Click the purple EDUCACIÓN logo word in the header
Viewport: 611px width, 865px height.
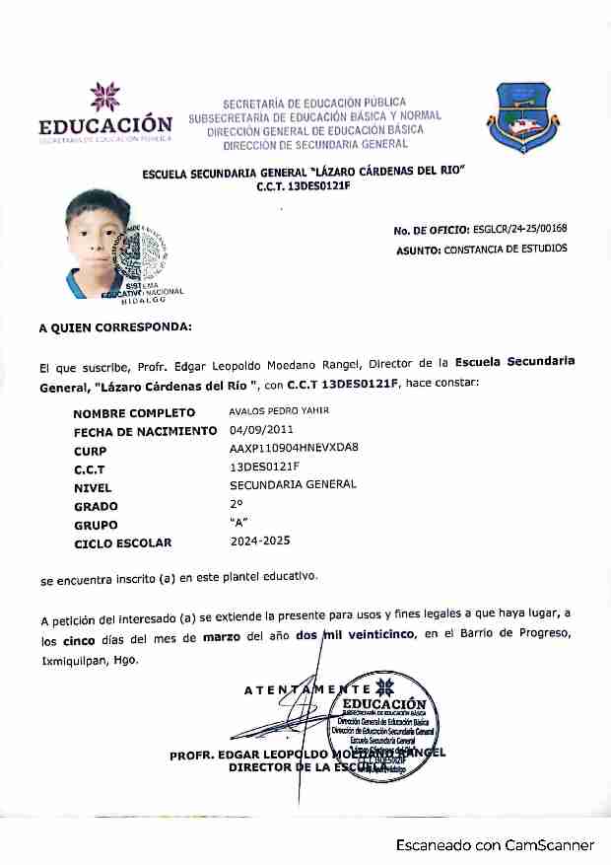pos(105,125)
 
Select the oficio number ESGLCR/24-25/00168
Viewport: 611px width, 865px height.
pos(519,229)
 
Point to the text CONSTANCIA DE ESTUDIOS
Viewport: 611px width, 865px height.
pos(506,250)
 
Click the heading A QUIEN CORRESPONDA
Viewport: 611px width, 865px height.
pos(115,325)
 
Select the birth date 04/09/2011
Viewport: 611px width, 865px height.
pos(261,430)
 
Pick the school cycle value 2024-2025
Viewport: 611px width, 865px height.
pos(260,541)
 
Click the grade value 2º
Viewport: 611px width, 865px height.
pos(236,504)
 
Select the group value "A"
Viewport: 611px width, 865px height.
pos(237,523)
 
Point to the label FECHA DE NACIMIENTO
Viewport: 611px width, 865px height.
pos(145,431)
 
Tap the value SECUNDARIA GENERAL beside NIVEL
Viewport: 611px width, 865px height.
pos(293,485)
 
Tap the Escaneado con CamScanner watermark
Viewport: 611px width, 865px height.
pos(496,845)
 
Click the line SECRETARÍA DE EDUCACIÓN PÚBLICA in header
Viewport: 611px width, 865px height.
pos(314,103)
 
